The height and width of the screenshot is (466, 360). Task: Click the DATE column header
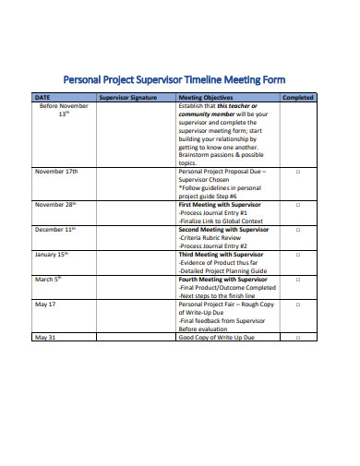(x=42, y=97)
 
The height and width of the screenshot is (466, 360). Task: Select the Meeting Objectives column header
(x=206, y=97)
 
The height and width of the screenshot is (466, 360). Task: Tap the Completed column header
(x=297, y=97)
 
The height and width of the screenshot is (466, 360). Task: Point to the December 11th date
(x=57, y=228)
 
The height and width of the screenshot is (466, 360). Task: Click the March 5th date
(x=48, y=278)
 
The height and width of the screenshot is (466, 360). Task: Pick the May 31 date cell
(x=46, y=338)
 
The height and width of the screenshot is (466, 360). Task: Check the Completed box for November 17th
(x=297, y=172)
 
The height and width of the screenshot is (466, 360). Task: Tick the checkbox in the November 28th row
(x=297, y=203)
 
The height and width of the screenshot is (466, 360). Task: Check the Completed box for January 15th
(x=297, y=253)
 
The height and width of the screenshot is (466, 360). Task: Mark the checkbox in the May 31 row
(x=297, y=338)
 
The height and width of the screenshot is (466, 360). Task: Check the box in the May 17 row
(x=297, y=304)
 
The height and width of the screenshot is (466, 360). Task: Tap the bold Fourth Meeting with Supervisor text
(x=222, y=278)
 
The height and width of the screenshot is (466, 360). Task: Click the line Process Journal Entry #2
(x=212, y=245)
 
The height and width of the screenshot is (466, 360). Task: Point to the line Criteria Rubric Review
(x=210, y=236)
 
